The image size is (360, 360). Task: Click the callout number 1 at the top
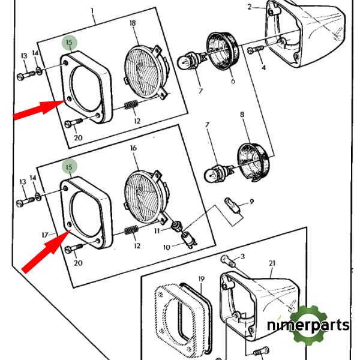(93, 11)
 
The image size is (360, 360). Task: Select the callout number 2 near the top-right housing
(249, 7)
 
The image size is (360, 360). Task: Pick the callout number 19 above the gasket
(202, 279)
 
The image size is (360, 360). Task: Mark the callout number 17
(44, 235)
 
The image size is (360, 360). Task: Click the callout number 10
(166, 246)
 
